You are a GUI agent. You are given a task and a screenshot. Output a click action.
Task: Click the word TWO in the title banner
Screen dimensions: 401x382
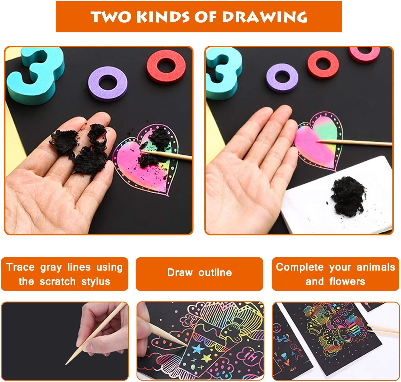pyautogui.click(x=111, y=17)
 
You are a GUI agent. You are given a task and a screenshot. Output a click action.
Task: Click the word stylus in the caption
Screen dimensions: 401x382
pyautogui.click(x=96, y=282)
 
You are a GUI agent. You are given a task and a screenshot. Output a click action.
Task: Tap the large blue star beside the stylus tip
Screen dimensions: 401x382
pyautogui.click(x=197, y=349)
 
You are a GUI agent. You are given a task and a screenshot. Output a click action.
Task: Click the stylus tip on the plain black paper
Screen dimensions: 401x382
pyautogui.click(x=66, y=365)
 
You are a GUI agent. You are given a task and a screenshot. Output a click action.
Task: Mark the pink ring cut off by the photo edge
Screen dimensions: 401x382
pyautogui.click(x=364, y=54)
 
